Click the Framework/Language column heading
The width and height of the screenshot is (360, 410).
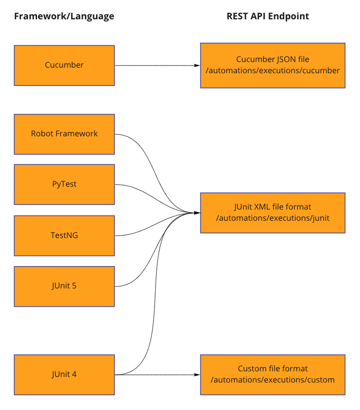(64, 16)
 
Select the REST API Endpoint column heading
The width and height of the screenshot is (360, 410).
(267, 16)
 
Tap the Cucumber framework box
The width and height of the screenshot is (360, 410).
(64, 65)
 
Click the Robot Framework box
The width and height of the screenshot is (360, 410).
(64, 134)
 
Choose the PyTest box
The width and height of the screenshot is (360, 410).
(64, 184)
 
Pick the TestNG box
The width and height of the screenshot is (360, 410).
(64, 235)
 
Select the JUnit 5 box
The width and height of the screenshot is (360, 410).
(64, 286)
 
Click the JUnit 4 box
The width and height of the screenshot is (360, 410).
(64, 374)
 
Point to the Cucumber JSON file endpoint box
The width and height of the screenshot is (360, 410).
(273, 65)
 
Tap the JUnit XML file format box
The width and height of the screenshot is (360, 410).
(273, 213)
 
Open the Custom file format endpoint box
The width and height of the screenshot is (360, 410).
(273, 374)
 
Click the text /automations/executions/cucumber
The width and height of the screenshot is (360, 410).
(273, 71)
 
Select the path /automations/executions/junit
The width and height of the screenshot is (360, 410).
(273, 218)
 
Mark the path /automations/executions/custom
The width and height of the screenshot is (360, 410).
(273, 380)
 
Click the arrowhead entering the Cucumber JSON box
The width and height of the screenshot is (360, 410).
(197, 66)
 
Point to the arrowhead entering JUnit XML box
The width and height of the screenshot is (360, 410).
(197, 213)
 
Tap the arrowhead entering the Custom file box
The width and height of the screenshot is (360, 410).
(197, 375)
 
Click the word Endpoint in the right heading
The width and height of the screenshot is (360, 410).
(290, 16)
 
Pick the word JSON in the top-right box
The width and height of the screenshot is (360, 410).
(283, 60)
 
